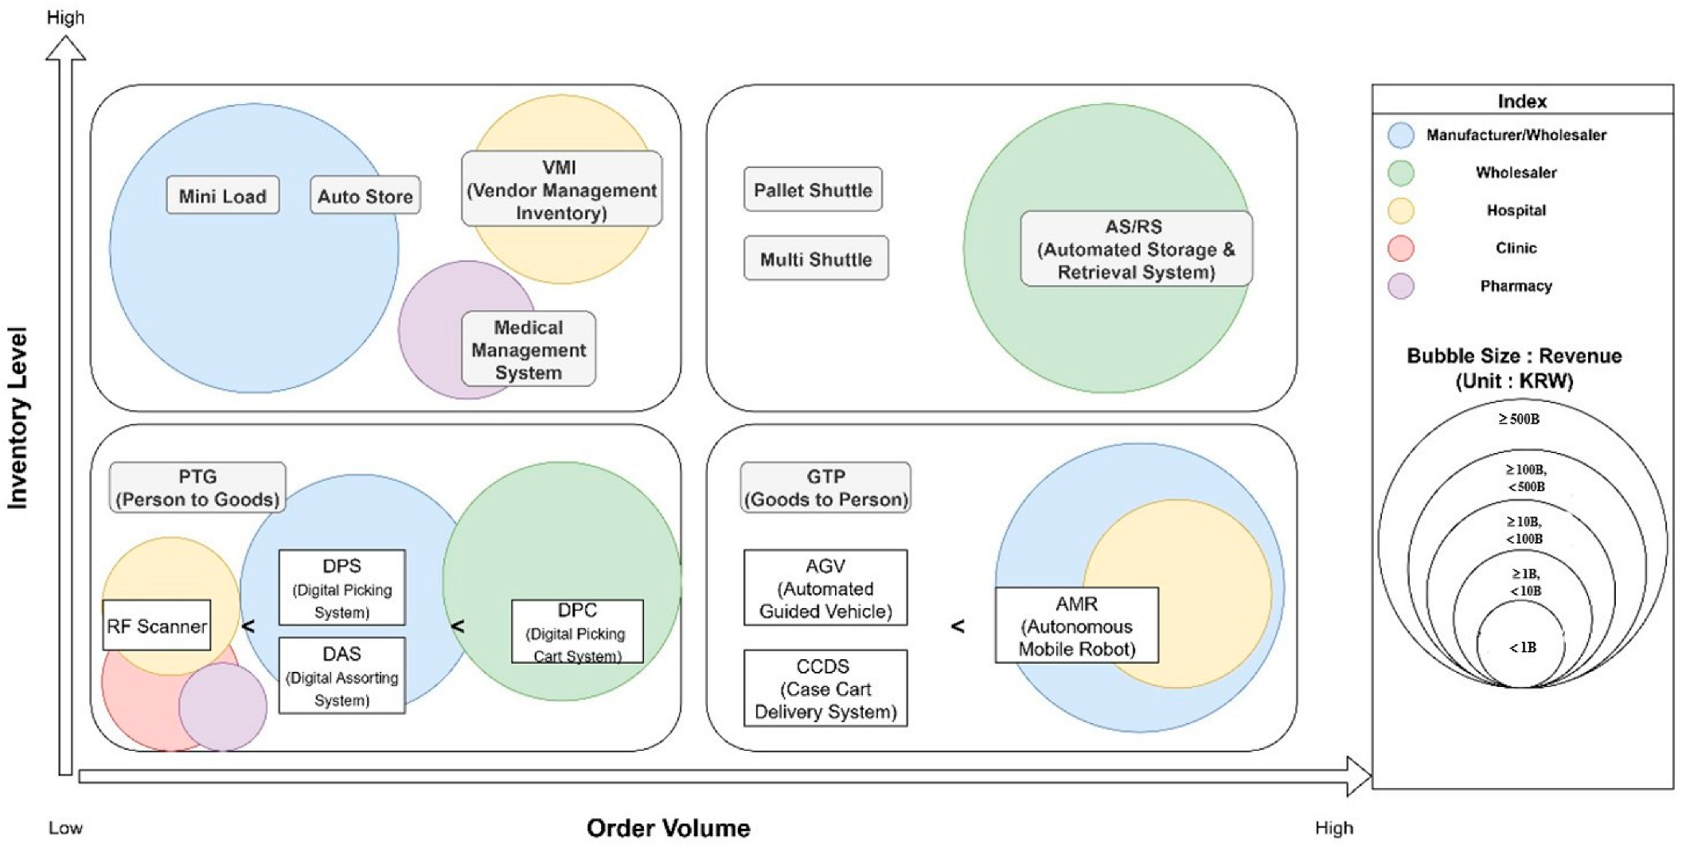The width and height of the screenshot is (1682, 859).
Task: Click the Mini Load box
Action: tap(223, 195)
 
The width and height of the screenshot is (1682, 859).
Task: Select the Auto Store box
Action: tap(365, 195)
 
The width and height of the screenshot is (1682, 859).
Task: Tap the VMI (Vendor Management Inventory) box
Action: tap(562, 189)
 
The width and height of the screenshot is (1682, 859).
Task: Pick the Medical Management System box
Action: tap(529, 349)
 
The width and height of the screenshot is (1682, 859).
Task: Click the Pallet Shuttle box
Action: tap(813, 189)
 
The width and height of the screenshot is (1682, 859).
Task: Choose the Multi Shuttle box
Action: tap(816, 258)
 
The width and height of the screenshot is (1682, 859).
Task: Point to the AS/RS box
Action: tap(1136, 248)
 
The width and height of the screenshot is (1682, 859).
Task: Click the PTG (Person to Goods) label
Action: tap(197, 487)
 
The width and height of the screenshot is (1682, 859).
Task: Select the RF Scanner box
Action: tap(157, 625)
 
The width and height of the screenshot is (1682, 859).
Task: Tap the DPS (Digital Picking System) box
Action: tap(342, 588)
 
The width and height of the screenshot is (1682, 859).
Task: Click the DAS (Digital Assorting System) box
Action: tap(342, 675)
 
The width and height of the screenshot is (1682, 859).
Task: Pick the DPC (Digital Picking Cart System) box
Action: tap(577, 631)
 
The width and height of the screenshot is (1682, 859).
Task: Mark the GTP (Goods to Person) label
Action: tap(825, 487)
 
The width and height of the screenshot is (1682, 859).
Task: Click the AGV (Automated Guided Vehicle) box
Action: tap(825, 588)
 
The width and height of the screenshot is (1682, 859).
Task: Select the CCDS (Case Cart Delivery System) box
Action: tap(825, 688)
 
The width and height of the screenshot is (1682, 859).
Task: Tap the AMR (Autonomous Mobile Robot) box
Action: tap(1077, 625)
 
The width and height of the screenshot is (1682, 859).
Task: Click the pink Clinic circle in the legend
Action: tap(1401, 248)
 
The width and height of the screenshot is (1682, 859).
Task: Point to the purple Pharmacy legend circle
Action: tap(1401, 286)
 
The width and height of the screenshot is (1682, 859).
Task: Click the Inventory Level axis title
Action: tap(18, 417)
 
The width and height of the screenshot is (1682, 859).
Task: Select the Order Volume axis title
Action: tap(669, 828)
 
